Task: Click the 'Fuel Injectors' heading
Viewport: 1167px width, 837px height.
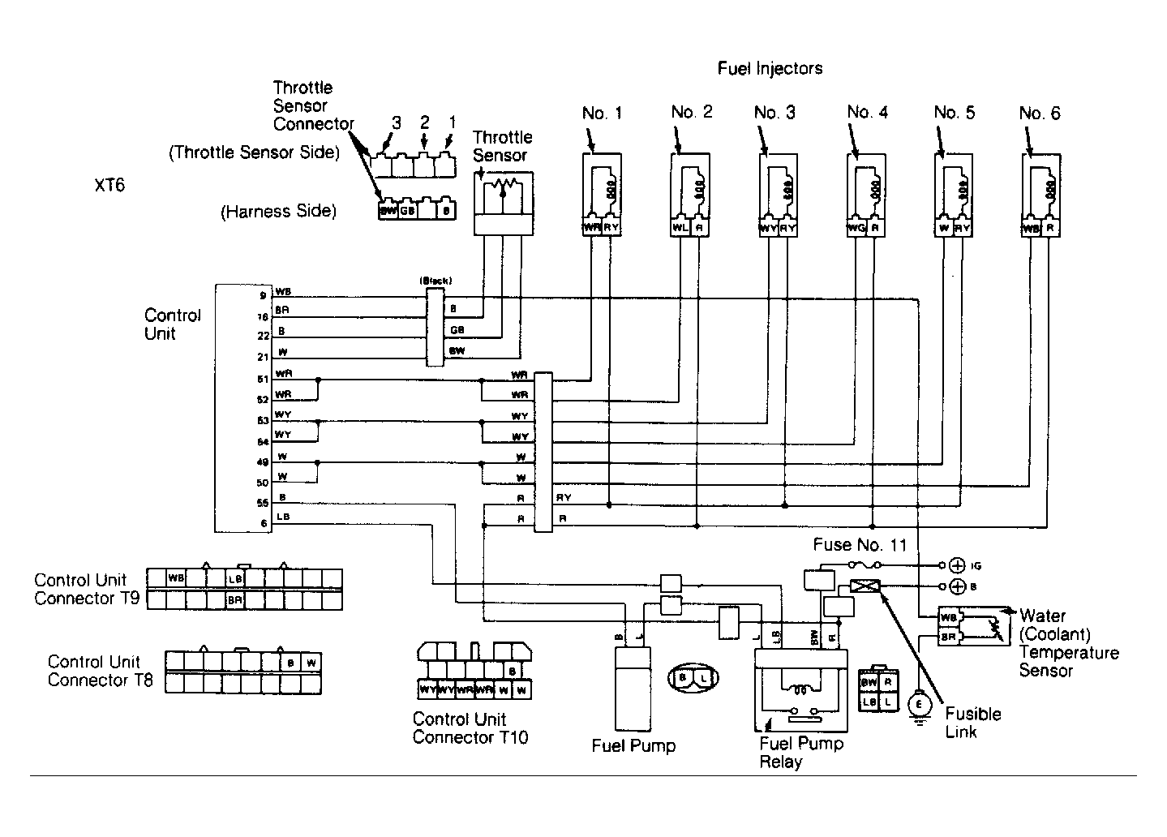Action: [770, 69]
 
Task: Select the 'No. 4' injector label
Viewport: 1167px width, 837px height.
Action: [867, 112]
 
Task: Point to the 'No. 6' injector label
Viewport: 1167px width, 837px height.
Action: [1039, 113]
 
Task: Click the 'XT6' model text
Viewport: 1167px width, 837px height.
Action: [109, 186]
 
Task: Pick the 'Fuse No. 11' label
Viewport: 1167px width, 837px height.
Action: [860, 545]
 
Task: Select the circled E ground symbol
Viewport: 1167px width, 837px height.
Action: [919, 704]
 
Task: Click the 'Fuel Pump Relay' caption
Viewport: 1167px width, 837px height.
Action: [801, 753]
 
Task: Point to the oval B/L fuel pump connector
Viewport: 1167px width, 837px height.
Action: [693, 676]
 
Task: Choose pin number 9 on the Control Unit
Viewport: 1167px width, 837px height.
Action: [263, 296]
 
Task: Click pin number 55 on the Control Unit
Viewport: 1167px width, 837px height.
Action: [263, 503]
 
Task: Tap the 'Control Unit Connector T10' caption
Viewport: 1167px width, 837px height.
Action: [470, 728]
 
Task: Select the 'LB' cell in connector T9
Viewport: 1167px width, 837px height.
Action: [235, 579]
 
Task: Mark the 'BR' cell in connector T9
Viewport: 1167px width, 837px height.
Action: [235, 600]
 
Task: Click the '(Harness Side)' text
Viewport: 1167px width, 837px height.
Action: [278, 212]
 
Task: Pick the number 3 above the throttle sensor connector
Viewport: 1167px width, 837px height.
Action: [396, 122]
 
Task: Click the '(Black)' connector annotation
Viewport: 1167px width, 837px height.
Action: [435, 281]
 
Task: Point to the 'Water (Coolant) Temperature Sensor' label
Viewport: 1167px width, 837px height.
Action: [1067, 643]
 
